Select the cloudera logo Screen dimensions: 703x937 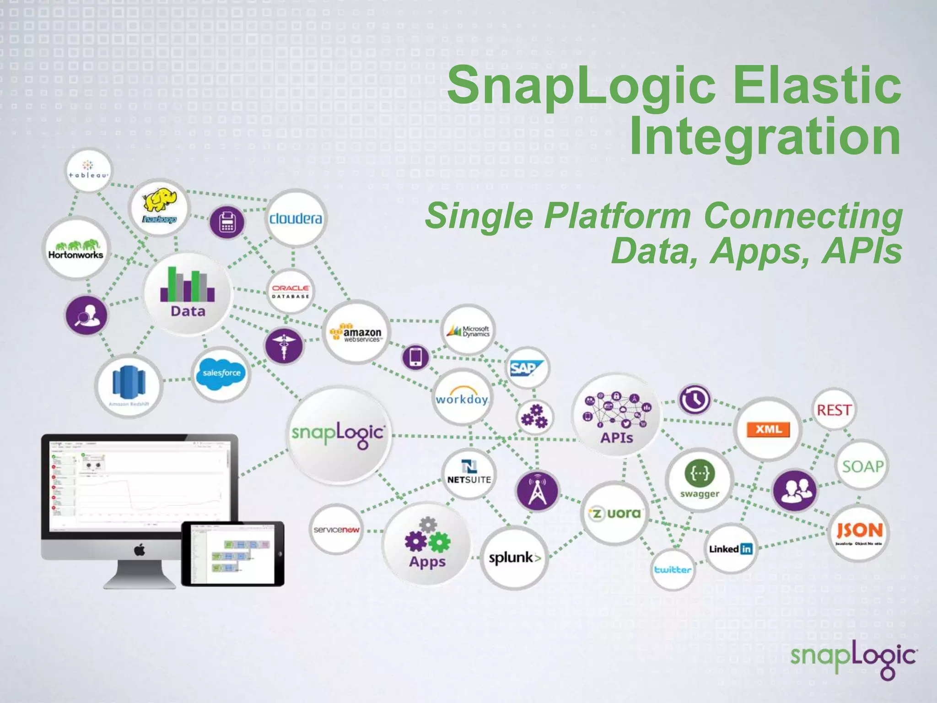tap(296, 218)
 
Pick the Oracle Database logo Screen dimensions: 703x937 tap(291, 292)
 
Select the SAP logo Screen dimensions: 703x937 tap(526, 368)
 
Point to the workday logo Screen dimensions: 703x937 tap(462, 398)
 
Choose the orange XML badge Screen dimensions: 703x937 tap(768, 429)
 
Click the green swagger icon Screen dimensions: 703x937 tap(699, 473)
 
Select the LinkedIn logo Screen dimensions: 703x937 tap(730, 549)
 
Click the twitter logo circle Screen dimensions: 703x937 tap(672, 570)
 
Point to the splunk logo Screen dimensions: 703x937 tap(514, 558)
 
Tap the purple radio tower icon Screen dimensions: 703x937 tap(537, 491)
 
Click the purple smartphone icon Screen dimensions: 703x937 tap(415, 357)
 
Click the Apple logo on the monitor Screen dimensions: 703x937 tap(140, 550)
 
